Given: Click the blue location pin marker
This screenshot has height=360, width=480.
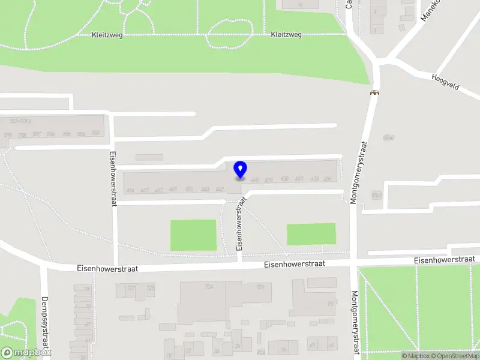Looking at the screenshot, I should (240, 170).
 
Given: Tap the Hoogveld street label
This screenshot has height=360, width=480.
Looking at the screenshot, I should (445, 82).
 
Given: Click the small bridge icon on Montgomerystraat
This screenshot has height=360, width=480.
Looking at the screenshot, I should (376, 92).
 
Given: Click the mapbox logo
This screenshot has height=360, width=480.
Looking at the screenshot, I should (26, 353).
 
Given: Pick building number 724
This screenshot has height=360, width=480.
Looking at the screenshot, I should (209, 287).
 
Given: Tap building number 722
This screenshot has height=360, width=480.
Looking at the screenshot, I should (260, 287).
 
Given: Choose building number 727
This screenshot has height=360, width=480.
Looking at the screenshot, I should (131, 288).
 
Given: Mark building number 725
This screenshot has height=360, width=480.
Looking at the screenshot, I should (150, 288).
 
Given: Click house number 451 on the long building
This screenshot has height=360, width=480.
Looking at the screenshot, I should (173, 190).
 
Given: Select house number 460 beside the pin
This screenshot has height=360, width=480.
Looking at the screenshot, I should (254, 179).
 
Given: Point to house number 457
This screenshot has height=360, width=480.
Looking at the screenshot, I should (299, 179).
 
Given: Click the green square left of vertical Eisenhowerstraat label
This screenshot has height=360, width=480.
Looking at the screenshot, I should (193, 235).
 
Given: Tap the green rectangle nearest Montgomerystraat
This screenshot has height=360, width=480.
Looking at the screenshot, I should (311, 234).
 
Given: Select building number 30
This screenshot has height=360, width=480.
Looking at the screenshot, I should (238, 346).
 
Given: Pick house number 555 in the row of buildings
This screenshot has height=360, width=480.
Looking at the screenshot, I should (67, 134).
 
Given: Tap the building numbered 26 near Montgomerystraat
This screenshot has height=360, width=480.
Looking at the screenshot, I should (330, 304).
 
